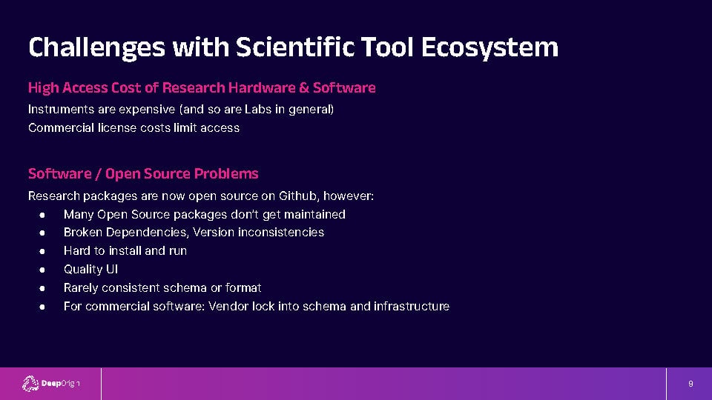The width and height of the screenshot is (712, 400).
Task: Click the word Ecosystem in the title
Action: pos(489,47)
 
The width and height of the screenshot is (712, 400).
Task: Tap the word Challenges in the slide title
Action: pos(96,47)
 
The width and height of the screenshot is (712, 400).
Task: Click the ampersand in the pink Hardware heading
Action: pos(304,87)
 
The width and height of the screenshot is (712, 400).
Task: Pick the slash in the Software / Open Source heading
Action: pos(99,173)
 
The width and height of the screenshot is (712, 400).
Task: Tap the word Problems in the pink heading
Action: pos(226,173)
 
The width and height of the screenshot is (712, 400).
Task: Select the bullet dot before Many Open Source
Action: pos(42,215)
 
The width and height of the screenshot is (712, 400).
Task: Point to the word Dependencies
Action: pos(148,233)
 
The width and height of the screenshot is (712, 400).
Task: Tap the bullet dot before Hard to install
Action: pos(42,252)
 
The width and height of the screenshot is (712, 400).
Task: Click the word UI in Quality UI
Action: pos(112,270)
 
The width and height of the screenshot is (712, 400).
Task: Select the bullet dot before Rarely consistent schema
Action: pos(42,288)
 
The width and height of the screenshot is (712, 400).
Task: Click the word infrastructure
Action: pos(412,307)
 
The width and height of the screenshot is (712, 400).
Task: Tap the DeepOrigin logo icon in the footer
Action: pos(30,384)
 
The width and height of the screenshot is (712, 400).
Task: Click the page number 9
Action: pos(690,384)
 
